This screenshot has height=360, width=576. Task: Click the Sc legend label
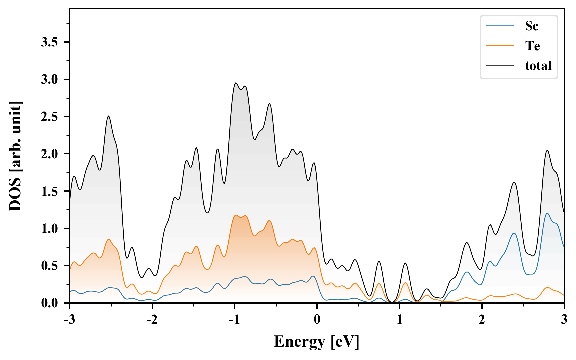tap(531, 26)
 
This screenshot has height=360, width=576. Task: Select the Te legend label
tap(532, 46)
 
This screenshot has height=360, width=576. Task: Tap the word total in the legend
tap(538, 66)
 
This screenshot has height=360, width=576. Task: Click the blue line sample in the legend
tap(500, 26)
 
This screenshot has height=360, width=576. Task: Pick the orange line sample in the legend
tap(500, 46)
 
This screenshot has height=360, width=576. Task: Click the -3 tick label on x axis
tap(69, 320)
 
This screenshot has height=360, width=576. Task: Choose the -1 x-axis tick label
tap(234, 320)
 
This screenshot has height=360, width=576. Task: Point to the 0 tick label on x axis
tap(317, 320)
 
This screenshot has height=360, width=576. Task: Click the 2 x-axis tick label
tap(482, 320)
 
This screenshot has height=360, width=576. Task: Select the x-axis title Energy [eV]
tap(317, 342)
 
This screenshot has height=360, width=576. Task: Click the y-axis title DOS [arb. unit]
tap(15, 156)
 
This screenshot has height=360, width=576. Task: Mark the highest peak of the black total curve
tap(236, 83)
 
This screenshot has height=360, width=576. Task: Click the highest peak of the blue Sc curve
tap(547, 213)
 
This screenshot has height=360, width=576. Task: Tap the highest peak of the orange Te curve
tap(236, 215)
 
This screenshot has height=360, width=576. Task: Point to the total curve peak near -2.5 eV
tap(108, 116)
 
